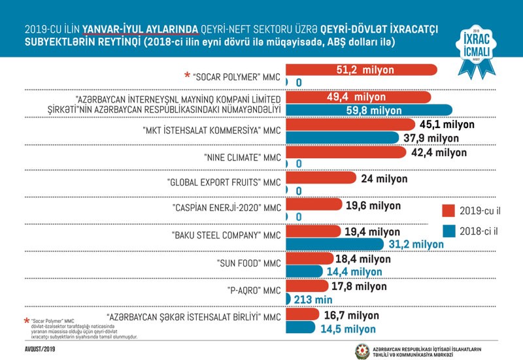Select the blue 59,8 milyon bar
(x=369, y=110)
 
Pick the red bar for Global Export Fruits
(x=320, y=178)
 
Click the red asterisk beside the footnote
(x=26, y=321)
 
